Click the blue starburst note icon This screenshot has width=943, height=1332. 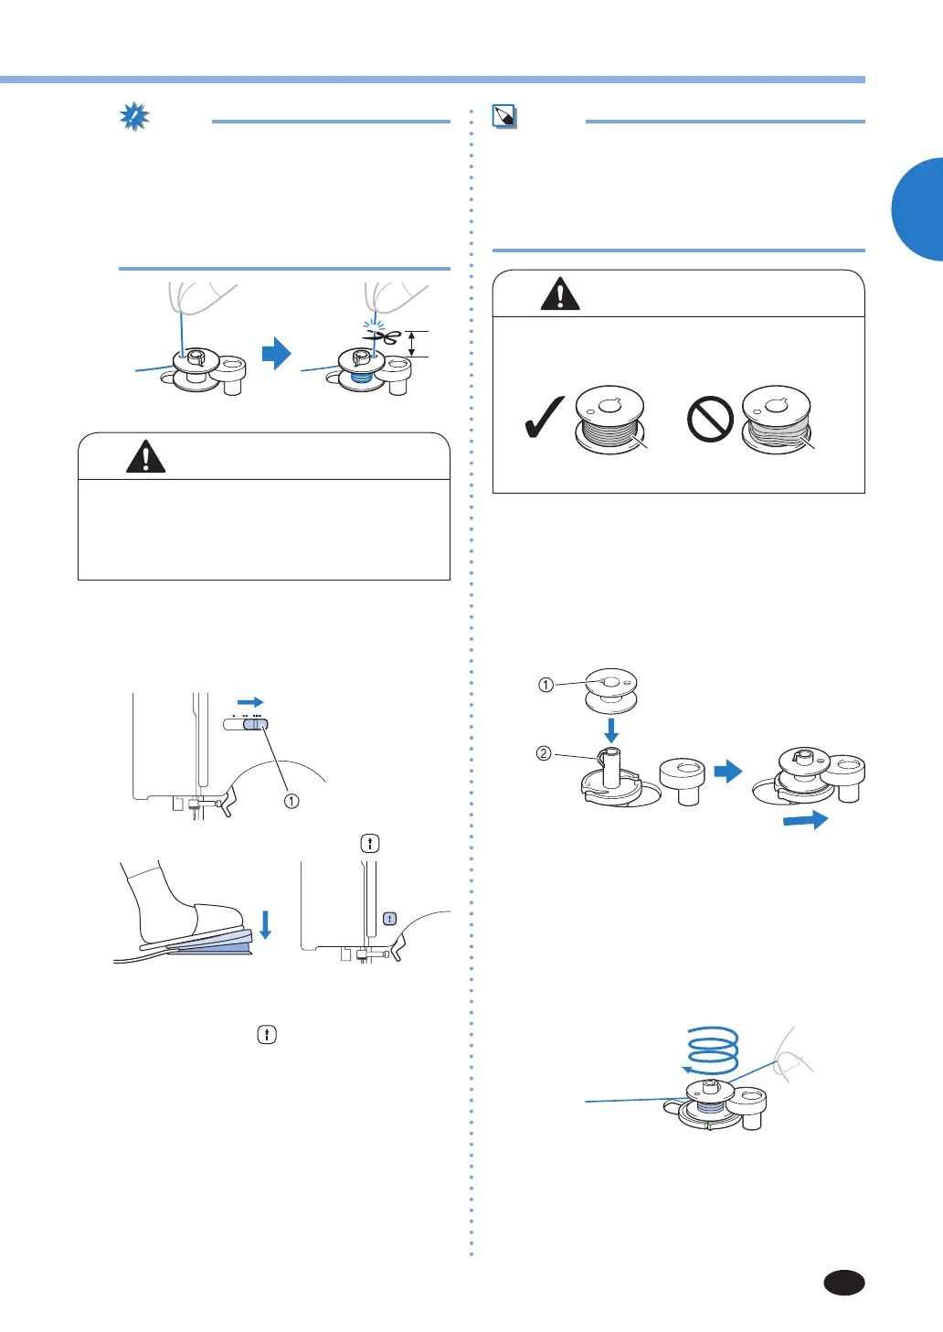pos(135,117)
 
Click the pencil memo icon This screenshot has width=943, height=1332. pos(504,116)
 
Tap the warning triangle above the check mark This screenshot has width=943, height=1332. pos(560,294)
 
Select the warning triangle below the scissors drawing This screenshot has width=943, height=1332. pos(146,456)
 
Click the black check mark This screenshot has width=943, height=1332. pos(544,419)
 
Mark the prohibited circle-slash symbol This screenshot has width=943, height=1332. pos(710,420)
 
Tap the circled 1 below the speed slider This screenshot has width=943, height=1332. pos(291,801)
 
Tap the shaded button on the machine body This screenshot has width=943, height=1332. pos(389,918)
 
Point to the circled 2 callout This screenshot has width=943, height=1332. pos(544,753)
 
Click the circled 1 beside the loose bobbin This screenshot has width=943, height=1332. pos(546,685)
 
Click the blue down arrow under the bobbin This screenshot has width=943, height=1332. pos(611,730)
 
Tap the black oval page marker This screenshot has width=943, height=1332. pos(844,1283)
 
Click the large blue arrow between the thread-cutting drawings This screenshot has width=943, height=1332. pos(276,354)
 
